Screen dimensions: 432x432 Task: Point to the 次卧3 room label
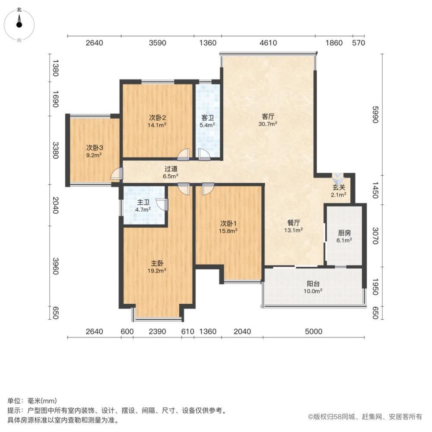click(94, 148)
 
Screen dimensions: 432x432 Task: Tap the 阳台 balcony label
click(313, 284)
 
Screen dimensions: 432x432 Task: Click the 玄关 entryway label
click(339, 187)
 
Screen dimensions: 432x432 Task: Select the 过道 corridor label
click(171, 169)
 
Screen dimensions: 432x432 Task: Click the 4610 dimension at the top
click(267, 43)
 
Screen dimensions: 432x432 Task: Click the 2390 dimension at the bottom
click(157, 332)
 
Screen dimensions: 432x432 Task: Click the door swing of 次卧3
click(115, 174)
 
